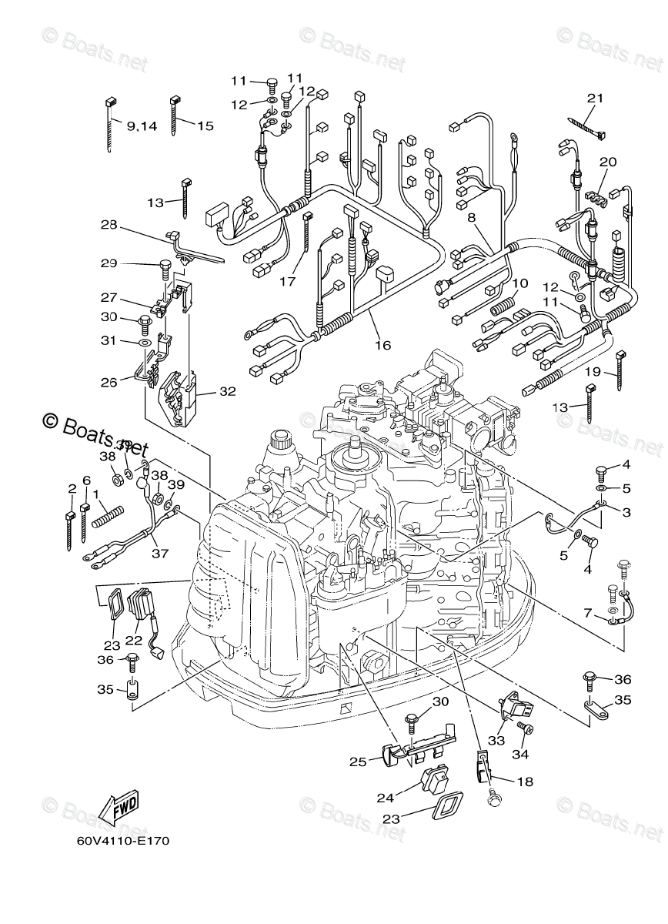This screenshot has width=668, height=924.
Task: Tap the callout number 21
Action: (595, 99)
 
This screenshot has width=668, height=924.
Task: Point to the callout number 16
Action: (382, 346)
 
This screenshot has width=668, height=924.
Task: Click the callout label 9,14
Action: (142, 126)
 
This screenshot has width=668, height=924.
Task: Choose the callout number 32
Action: (226, 391)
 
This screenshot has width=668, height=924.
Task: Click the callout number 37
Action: (159, 554)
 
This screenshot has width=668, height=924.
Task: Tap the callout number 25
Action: (357, 762)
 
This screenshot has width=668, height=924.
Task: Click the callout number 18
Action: (524, 782)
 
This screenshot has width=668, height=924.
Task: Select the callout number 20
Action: (608, 162)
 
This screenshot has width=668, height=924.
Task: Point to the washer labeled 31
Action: (145, 340)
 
